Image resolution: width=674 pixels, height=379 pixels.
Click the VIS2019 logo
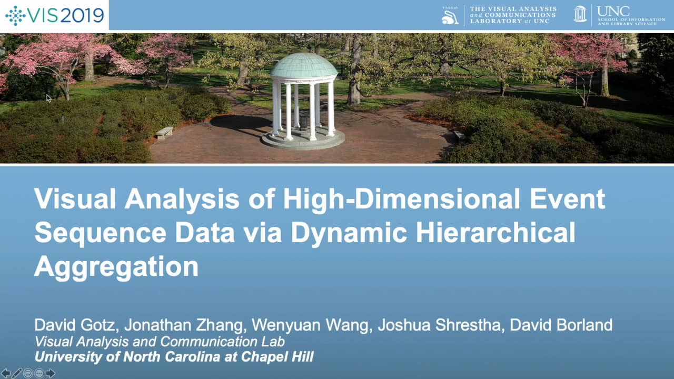[54, 15]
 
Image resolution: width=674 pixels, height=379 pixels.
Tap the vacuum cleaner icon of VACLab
[450, 15]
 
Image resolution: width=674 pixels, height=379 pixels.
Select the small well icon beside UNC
[580, 14]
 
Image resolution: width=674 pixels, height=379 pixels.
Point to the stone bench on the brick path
[164, 132]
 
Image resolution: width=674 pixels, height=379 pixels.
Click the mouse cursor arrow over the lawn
[49, 97]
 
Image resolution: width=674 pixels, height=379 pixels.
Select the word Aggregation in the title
[116, 266]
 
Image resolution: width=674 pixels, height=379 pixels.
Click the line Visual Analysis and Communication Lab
[160, 341]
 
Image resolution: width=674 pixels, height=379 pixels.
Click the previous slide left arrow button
[6, 373]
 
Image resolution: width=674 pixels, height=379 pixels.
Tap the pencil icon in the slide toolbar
[17, 373]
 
